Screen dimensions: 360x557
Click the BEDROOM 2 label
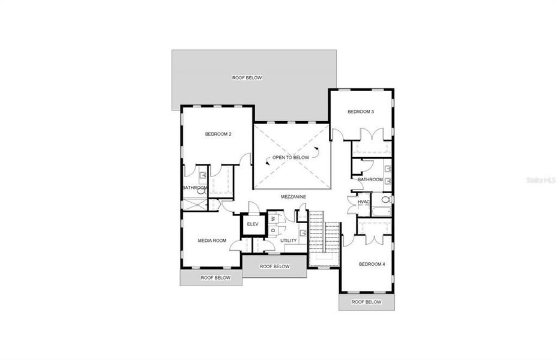coord(218,134)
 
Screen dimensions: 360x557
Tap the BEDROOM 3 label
coord(361,112)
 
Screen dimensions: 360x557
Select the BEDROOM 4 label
coord(372,264)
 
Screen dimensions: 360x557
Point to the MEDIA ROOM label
coord(212,241)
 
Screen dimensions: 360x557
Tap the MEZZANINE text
coord(294,196)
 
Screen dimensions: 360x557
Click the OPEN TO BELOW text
coord(291,157)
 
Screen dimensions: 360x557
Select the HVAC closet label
coord(364,202)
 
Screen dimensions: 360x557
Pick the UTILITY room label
coord(289,241)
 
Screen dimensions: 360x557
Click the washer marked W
coord(273,218)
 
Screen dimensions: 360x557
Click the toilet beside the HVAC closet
coord(385,199)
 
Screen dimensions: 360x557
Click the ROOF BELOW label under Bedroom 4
coord(366,302)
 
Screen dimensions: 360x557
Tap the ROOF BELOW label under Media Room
coord(215,278)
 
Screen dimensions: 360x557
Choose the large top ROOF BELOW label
coord(247,78)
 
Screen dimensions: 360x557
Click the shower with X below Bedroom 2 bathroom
coord(195,205)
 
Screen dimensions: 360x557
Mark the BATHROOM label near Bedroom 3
coord(370,179)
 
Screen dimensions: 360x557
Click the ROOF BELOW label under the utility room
coord(274,266)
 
